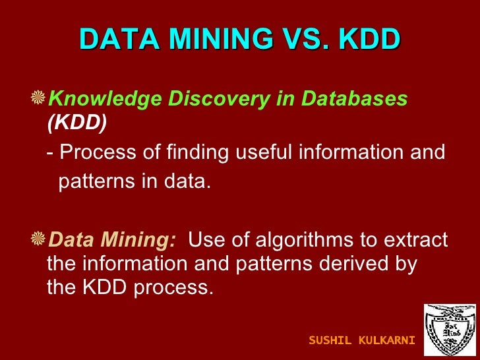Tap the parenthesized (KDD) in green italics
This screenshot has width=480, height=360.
(x=77, y=122)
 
